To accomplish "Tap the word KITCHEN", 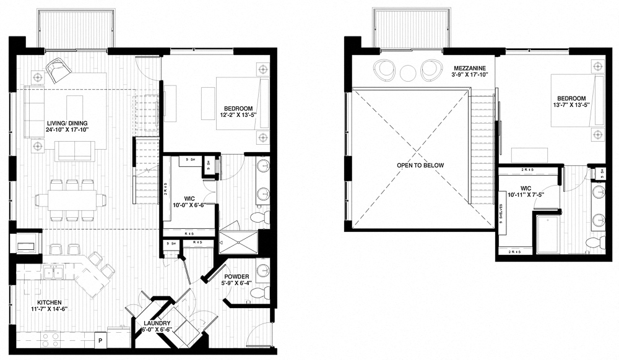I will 49,302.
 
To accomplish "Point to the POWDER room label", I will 237,276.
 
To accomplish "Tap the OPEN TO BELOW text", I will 421,165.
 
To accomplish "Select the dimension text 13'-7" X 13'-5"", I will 571,105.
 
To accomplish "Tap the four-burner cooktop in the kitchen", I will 50,339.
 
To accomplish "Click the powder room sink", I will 262,270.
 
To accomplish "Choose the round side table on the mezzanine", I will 408,72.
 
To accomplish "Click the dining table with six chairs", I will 70,199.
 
